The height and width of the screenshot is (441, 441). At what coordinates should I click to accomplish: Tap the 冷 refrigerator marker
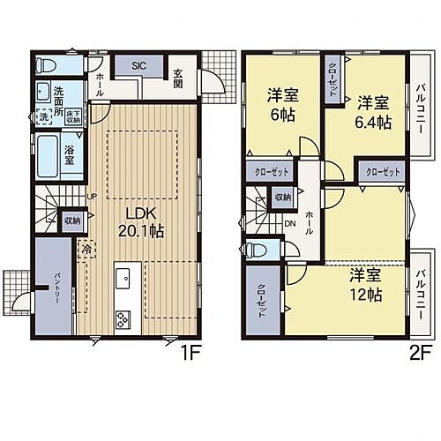(x=86, y=250)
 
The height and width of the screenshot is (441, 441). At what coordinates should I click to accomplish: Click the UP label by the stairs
(x=92, y=197)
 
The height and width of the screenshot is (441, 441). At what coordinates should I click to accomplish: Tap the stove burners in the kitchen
(x=122, y=319)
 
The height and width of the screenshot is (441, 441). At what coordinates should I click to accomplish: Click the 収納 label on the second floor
(x=282, y=198)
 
